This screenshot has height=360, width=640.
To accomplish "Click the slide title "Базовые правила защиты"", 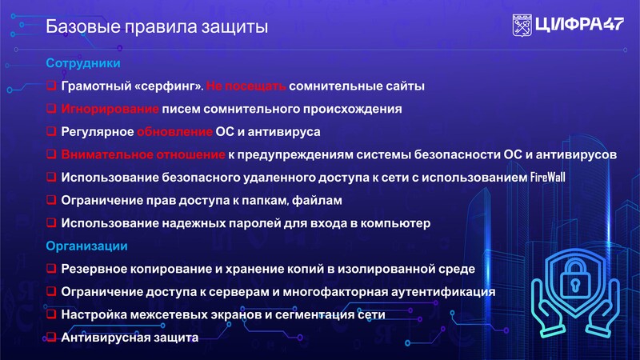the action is (x=157, y=27).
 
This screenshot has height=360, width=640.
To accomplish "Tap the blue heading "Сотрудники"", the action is (x=83, y=63).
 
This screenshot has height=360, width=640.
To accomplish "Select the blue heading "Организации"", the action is (x=86, y=246).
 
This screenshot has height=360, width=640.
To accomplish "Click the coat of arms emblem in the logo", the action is (x=522, y=26).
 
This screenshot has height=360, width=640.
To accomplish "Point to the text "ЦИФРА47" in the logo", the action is (x=579, y=25).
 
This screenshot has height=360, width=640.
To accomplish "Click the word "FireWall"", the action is (x=548, y=177).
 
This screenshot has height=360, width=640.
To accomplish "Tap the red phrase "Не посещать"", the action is (x=246, y=86).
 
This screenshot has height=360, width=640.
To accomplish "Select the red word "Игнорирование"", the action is (x=110, y=109).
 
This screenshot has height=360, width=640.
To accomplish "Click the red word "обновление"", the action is (x=174, y=132).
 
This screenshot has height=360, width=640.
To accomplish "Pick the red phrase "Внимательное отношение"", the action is (x=143, y=154).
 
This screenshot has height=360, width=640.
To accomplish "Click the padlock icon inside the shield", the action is (x=574, y=278).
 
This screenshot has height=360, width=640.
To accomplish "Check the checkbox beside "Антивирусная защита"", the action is (x=51, y=337).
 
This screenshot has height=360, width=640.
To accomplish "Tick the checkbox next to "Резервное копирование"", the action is (x=51, y=268).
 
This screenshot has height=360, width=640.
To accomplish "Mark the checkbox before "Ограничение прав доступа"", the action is (x=51, y=199).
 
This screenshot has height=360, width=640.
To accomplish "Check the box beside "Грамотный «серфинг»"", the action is (x=51, y=86).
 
